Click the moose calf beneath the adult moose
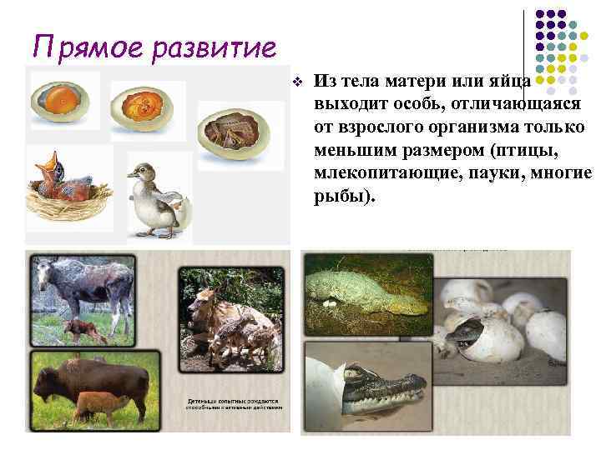coord(83,328)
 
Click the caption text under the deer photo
coord(234,404)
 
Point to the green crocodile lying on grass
coord(359,287)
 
